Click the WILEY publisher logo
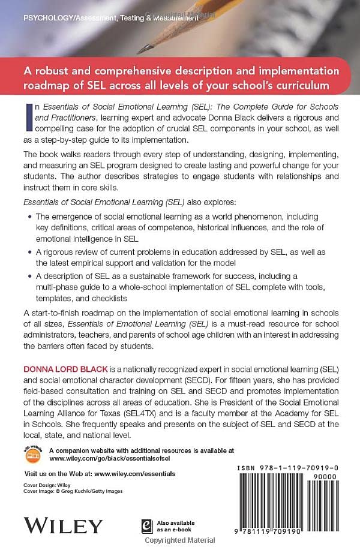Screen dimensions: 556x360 click(63, 525)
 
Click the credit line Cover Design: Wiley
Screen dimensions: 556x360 click(46, 484)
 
